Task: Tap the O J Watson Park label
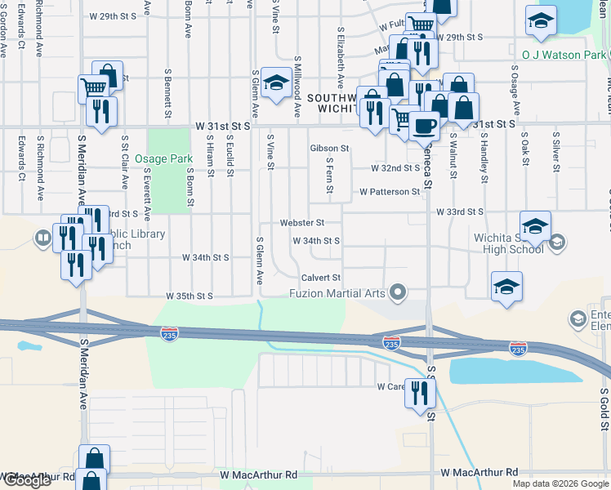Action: point(564,55)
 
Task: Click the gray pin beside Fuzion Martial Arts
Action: point(399,292)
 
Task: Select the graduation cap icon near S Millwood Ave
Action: point(277,82)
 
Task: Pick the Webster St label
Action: point(303,222)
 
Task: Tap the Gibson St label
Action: point(329,149)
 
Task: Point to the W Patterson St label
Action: point(390,192)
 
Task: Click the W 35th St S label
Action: point(190,296)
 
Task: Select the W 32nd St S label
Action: point(395,168)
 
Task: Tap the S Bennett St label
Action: point(168,91)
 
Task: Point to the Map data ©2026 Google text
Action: point(560,483)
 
